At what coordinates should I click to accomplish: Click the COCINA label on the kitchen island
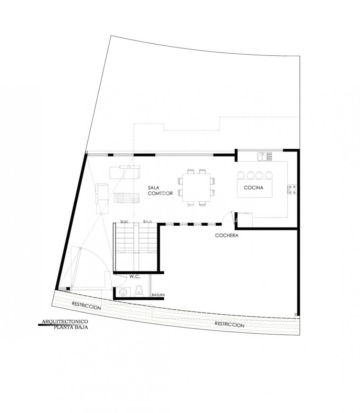[253, 188]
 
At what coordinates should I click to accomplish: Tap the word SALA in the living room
[154, 188]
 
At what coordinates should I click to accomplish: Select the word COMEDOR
[160, 193]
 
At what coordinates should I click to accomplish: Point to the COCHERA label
[227, 235]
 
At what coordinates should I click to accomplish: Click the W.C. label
[134, 276]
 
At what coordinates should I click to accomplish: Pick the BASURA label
[159, 295]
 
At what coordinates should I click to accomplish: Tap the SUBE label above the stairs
[124, 222]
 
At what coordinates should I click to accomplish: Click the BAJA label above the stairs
[148, 222]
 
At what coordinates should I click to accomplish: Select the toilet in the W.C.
[139, 290]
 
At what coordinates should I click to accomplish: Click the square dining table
[196, 187]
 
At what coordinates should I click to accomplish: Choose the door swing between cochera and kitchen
[228, 218]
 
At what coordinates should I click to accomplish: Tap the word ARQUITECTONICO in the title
[65, 321]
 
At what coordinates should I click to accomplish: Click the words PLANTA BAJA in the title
[71, 327]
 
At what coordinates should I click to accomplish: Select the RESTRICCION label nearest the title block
[86, 306]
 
